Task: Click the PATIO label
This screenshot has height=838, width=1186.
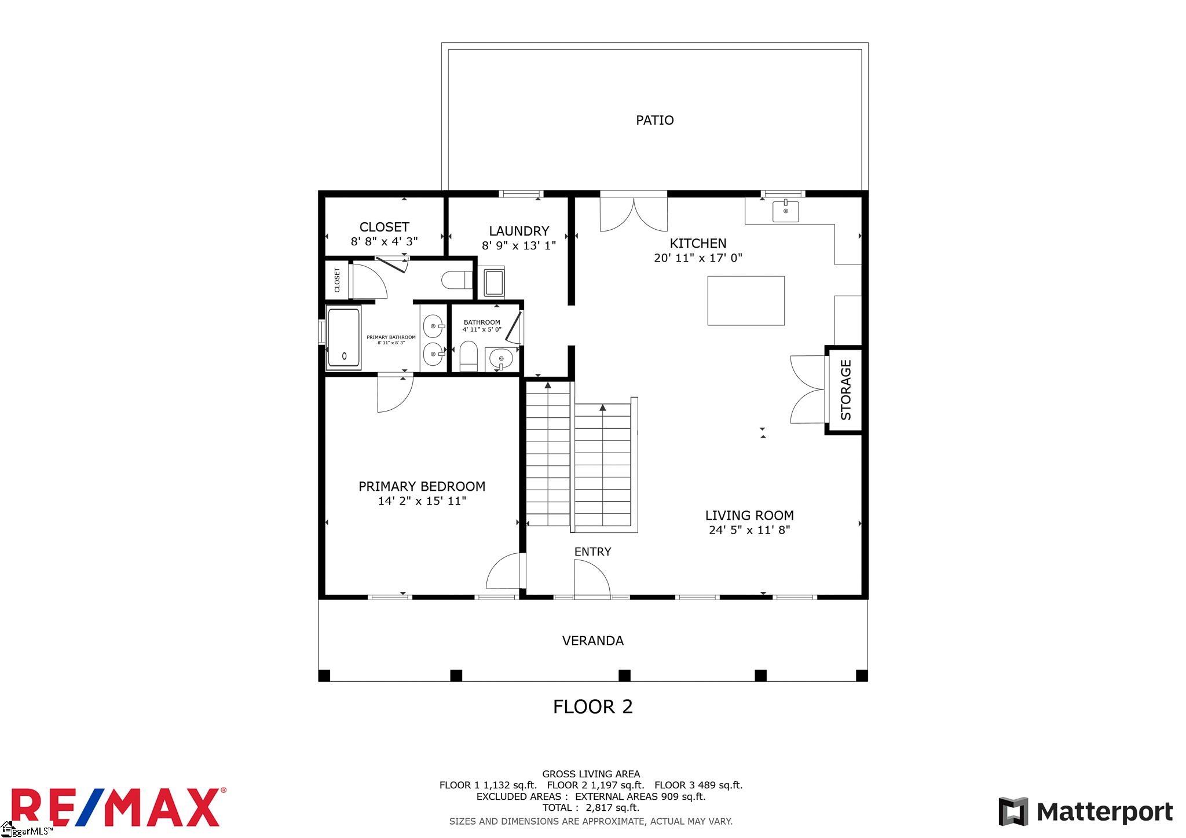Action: pyautogui.click(x=654, y=120)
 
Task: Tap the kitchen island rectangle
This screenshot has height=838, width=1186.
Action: pyautogui.click(x=746, y=300)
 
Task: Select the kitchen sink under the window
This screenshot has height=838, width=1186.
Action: pyautogui.click(x=785, y=211)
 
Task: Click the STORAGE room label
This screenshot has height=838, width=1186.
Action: pyautogui.click(x=845, y=389)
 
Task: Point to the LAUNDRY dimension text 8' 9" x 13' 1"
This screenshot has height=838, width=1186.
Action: pyautogui.click(x=519, y=245)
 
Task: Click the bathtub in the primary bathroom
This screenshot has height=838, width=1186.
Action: pyautogui.click(x=344, y=338)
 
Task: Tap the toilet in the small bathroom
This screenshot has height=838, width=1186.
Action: pyautogui.click(x=468, y=356)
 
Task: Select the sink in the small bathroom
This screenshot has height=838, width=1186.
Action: pyautogui.click(x=499, y=359)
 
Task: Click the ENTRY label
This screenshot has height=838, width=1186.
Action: pyautogui.click(x=592, y=552)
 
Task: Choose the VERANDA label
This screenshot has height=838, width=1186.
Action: pyautogui.click(x=593, y=641)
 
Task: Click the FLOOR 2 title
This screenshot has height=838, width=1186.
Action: pyautogui.click(x=593, y=707)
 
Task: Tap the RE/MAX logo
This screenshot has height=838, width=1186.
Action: pyautogui.click(x=116, y=807)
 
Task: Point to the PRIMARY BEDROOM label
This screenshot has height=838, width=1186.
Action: pyautogui.click(x=422, y=487)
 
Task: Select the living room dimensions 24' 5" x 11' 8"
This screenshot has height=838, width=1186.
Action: pyautogui.click(x=749, y=530)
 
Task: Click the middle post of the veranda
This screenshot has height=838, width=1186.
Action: pyautogui.click(x=624, y=675)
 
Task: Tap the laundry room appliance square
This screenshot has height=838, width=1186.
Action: pyautogui.click(x=495, y=282)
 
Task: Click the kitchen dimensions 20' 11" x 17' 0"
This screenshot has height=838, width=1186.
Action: pyautogui.click(x=698, y=258)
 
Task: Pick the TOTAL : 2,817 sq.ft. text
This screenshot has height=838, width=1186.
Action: pyautogui.click(x=591, y=808)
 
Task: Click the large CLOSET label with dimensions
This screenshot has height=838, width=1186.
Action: pyautogui.click(x=384, y=234)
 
